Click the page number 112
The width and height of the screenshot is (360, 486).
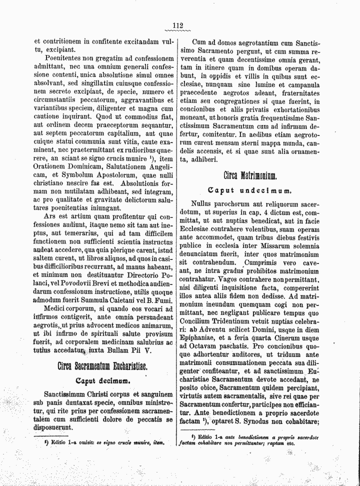(178, 26)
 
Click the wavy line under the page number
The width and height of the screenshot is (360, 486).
(178, 31)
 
